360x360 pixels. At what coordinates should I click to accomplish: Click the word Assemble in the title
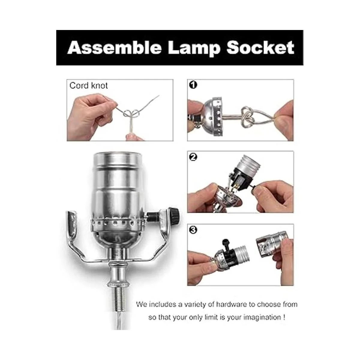[114, 48]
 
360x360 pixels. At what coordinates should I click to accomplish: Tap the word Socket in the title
[260, 48]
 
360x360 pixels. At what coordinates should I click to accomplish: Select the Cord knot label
[88, 86]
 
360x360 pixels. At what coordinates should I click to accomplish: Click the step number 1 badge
[193, 85]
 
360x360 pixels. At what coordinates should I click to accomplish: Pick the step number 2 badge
[193, 157]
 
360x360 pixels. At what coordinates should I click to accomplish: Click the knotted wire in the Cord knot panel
[131, 114]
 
